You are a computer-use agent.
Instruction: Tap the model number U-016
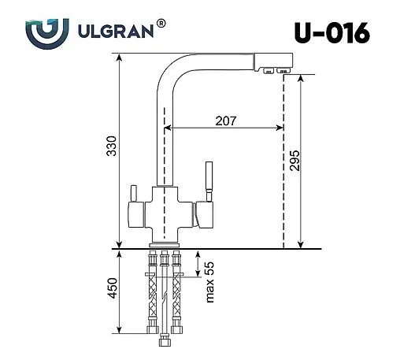pyautogui.click(x=331, y=32)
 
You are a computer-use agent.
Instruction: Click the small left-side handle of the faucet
pyautogui.click(x=132, y=195)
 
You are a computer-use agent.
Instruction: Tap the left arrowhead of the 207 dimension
pyautogui.click(x=169, y=128)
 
